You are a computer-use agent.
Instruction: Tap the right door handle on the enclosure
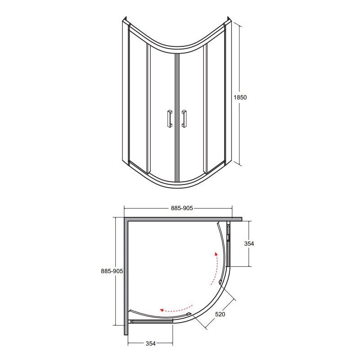[x=184, y=118]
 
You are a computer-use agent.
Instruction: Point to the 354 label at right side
[x=249, y=243]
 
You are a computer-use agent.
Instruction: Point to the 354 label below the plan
[x=150, y=343]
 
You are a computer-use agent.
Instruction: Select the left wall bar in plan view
[x=127, y=279]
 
